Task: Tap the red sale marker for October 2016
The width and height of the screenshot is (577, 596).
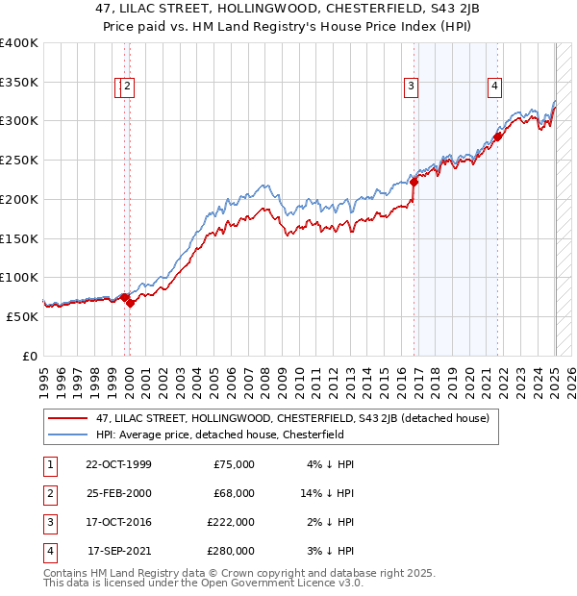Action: click(x=414, y=181)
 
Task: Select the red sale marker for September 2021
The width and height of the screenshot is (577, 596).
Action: click(x=498, y=137)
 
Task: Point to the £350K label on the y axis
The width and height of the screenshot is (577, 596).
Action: click(x=20, y=83)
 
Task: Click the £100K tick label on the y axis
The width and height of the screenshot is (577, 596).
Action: click(x=20, y=278)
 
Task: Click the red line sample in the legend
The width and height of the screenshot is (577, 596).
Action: click(x=67, y=418)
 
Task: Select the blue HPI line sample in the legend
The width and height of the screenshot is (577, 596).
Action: click(x=67, y=434)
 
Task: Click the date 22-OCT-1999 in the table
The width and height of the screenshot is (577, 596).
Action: click(x=118, y=464)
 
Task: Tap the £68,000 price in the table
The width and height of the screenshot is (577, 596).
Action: click(x=234, y=493)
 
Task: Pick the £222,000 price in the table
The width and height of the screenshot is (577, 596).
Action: click(x=231, y=522)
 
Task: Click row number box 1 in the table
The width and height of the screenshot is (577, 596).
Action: click(x=48, y=464)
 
